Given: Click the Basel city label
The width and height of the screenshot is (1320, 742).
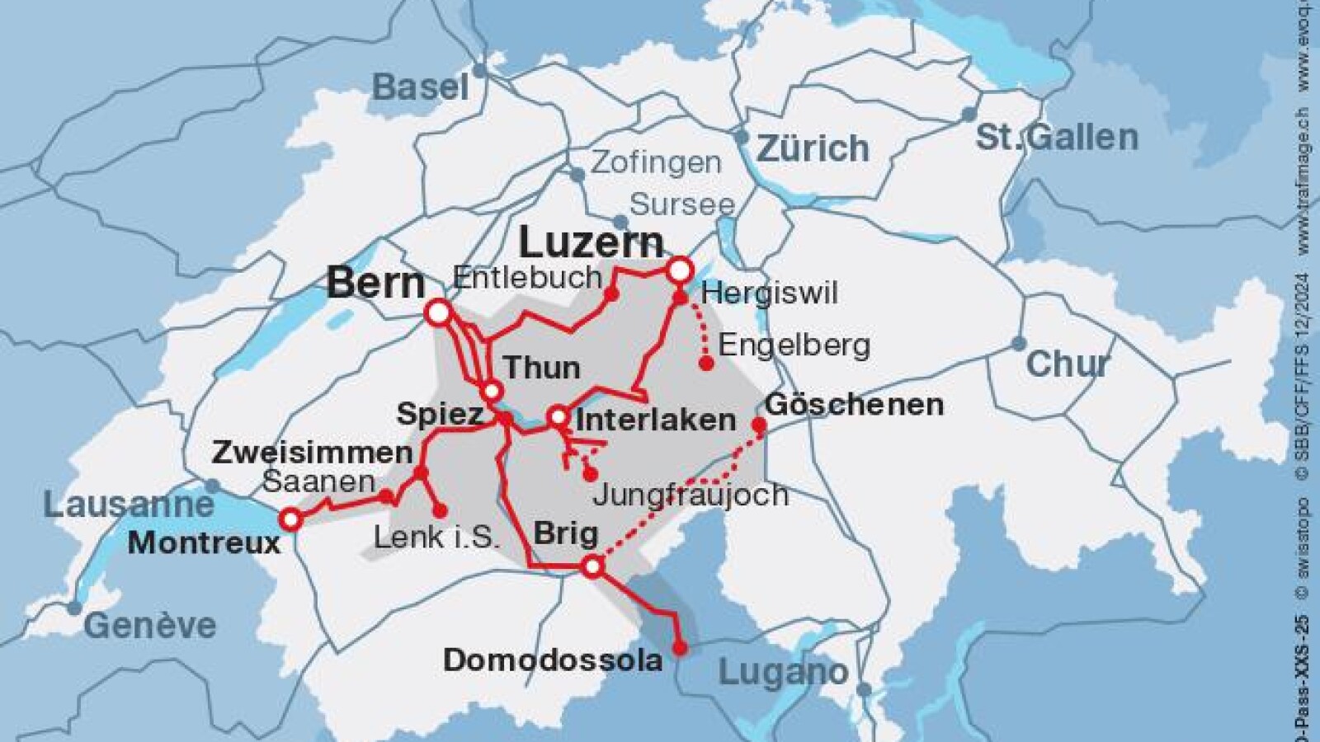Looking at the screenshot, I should click(x=420, y=87).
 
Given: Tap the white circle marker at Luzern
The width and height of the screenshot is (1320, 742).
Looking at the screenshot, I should click(x=679, y=269).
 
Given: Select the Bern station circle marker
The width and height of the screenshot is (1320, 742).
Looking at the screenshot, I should click(x=439, y=313).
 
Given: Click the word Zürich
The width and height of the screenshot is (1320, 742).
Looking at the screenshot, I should click(x=813, y=149).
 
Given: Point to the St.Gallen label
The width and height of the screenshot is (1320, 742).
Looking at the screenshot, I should click(x=1057, y=137).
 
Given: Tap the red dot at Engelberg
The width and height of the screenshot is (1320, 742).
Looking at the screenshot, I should click(x=706, y=363).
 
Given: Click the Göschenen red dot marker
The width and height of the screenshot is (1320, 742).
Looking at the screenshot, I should click(x=759, y=425).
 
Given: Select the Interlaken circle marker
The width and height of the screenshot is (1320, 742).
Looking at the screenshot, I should click(x=559, y=416).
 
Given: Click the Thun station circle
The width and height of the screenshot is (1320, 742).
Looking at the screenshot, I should click(x=492, y=391).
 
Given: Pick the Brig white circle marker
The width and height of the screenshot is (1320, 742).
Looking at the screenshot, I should click(x=592, y=566).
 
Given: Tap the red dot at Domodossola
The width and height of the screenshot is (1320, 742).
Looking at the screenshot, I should click(x=680, y=648).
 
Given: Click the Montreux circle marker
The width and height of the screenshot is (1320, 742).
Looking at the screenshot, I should click(x=290, y=519).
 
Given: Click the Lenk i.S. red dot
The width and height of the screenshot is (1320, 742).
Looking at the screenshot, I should click(x=441, y=511).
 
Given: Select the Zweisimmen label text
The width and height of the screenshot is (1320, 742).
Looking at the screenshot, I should click(x=312, y=453).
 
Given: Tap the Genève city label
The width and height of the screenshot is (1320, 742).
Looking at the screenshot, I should click(x=149, y=626).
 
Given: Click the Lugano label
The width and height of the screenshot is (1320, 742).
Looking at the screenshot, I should click(x=783, y=672).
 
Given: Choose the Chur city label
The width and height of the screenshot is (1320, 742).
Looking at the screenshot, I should click(x=1068, y=364).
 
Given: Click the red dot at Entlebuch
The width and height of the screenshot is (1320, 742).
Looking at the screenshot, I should click(x=611, y=293).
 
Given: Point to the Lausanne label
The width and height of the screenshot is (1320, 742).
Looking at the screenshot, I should click(x=128, y=505).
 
